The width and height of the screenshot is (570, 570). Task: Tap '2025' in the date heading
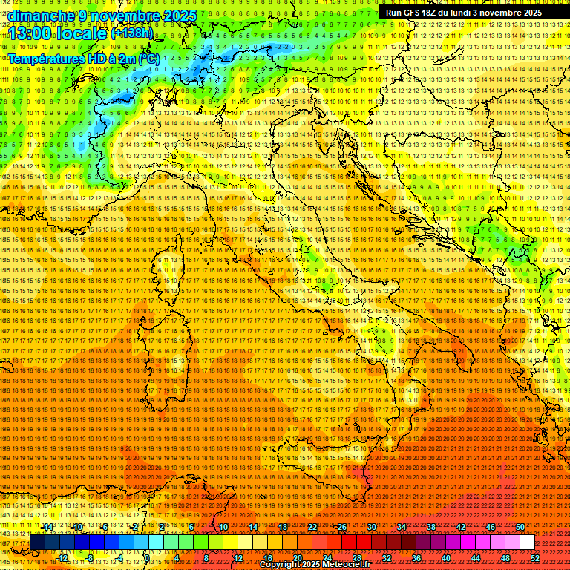pyautogui.click(x=178, y=15)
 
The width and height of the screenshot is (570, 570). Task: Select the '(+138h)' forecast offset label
pyautogui.click(x=131, y=33)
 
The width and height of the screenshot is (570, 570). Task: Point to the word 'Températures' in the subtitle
pyautogui.click(x=42, y=58)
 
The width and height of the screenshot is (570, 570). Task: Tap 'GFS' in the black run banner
pyautogui.click(x=412, y=13)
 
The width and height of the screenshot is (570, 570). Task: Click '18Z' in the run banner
pyautogui.click(x=433, y=13)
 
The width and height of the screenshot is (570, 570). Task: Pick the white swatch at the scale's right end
pyautogui.click(x=527, y=543)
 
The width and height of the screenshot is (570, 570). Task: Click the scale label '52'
pyautogui.click(x=535, y=558)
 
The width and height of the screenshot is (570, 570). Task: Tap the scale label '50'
pyautogui.click(x=520, y=527)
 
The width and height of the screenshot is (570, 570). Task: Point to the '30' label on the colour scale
pyautogui.click(x=372, y=527)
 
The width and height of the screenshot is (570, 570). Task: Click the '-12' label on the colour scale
pyautogui.click(x=62, y=558)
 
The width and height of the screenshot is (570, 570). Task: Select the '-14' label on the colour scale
pyautogui.click(x=47, y=527)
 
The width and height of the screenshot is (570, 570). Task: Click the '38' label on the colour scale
pyautogui.click(x=431, y=527)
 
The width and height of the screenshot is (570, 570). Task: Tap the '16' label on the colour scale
pyautogui.click(x=267, y=558)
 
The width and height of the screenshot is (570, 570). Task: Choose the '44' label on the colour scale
pyautogui.click(x=476, y=558)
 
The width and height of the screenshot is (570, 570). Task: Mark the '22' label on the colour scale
pyautogui.click(x=312, y=527)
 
